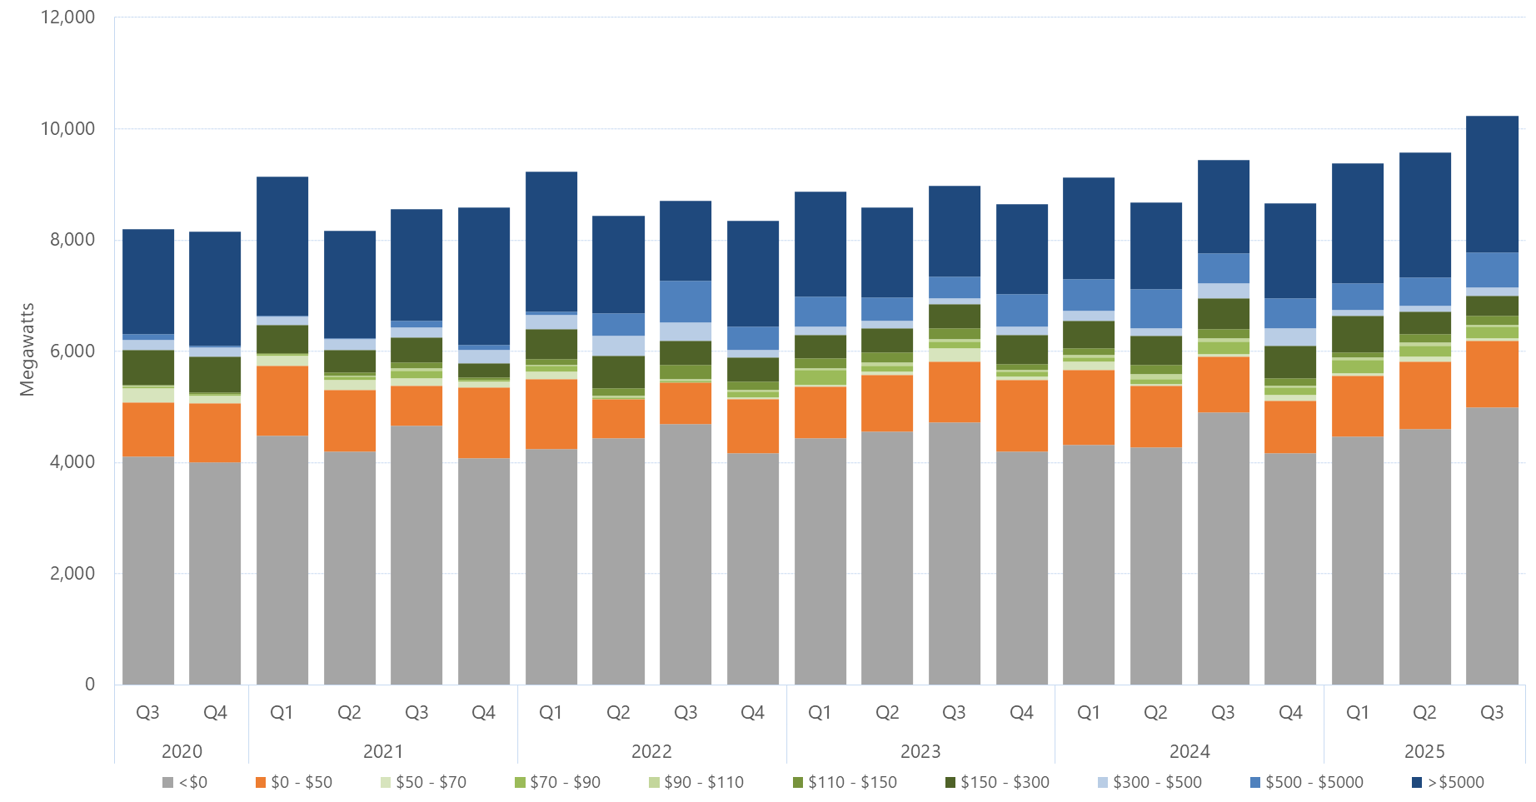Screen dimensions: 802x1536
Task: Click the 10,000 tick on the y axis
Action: coord(67,128)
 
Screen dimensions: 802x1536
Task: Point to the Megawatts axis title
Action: coord(27,350)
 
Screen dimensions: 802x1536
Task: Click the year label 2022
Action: coord(651,751)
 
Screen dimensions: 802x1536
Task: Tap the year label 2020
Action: coord(182,751)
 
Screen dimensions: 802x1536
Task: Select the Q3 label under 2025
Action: coord(1491,713)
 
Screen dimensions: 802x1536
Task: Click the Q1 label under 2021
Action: coord(282,713)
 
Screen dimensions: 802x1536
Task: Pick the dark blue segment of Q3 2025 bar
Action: coord(1491,183)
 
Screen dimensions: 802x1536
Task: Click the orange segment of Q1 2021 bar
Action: coord(282,401)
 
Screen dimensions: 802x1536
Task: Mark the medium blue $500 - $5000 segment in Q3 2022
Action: coord(685,301)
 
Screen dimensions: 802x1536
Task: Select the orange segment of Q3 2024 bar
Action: coord(1223,384)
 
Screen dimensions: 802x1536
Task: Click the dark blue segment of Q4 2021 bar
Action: coord(483,276)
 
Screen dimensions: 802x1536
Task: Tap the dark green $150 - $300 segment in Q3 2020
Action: coord(147,367)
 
